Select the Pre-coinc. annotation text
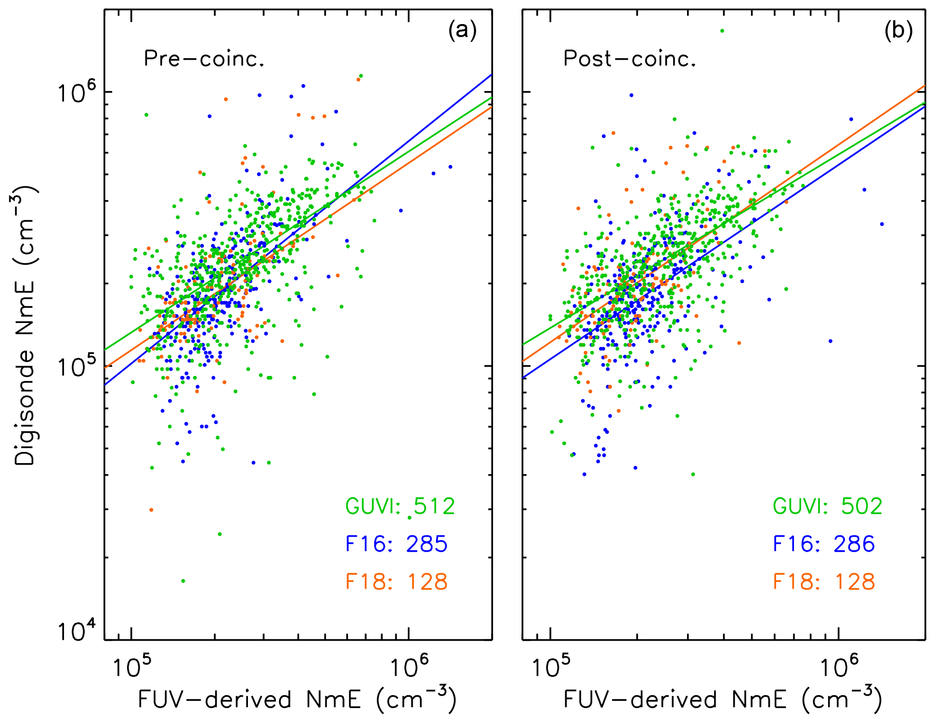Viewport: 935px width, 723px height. coord(204,59)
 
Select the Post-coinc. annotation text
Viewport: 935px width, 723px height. coord(630,59)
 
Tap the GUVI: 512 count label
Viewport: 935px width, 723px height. coord(400,506)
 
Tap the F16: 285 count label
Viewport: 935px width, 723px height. coord(396,544)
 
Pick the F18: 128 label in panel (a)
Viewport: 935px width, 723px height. coord(396,581)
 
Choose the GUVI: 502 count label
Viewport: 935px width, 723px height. coord(828,506)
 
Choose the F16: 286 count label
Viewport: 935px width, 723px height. coord(824,544)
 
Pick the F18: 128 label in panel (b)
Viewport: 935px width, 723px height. coord(824,581)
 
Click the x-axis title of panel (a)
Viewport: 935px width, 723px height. coord(297,699)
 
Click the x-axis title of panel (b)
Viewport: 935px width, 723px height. coord(723,699)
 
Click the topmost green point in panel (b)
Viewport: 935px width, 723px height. coord(722,31)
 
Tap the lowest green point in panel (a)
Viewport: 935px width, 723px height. coord(183,581)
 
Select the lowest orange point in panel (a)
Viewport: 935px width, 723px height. coord(151,510)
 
